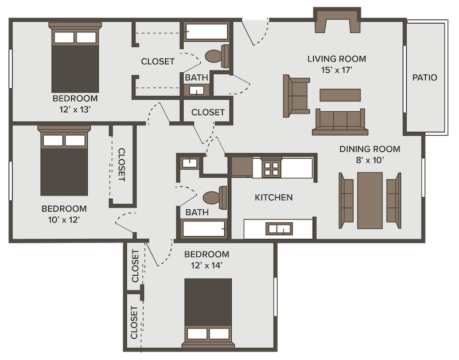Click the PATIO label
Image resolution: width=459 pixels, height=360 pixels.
tap(425, 77)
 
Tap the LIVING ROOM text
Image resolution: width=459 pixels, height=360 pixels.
tap(336, 59)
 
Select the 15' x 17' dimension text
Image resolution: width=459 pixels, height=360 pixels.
tap(336, 70)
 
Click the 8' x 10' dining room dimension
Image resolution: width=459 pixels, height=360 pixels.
tap(369, 161)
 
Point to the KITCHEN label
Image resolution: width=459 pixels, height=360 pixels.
tap(274, 197)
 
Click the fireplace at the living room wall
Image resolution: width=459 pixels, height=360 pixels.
tap(337, 21)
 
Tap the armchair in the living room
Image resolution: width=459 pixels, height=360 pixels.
tap(296, 96)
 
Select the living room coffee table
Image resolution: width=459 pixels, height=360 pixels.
tap(340, 95)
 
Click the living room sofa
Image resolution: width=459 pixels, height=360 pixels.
tap(339, 121)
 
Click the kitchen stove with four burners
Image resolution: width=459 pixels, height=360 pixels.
tap(271, 169)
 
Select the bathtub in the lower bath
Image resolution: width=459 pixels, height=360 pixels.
tap(205, 229)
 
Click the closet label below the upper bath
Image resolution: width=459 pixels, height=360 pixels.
tap(208, 112)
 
